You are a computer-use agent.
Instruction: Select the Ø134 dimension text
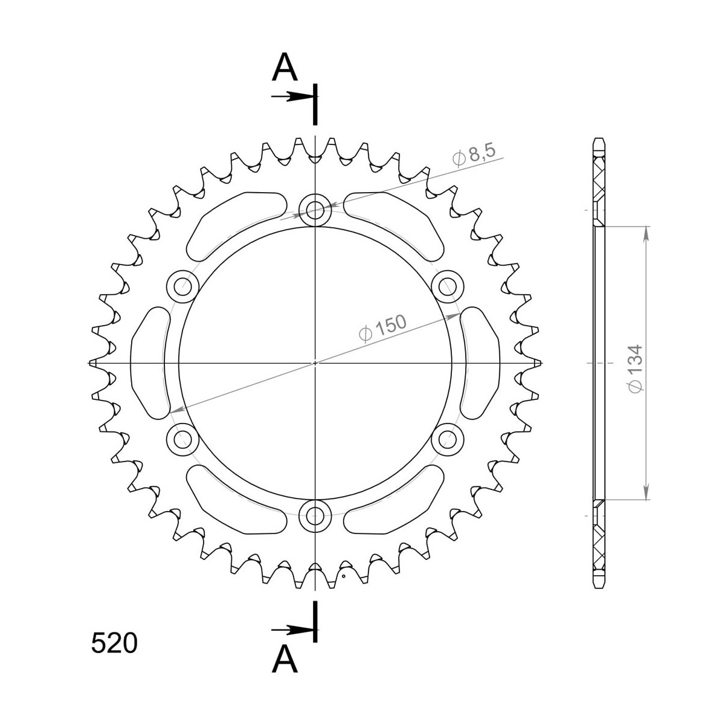click(x=635, y=369)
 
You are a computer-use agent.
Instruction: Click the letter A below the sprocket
click(x=285, y=659)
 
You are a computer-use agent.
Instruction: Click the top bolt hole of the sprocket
click(x=315, y=210)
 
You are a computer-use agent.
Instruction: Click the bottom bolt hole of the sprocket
click(x=315, y=515)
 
